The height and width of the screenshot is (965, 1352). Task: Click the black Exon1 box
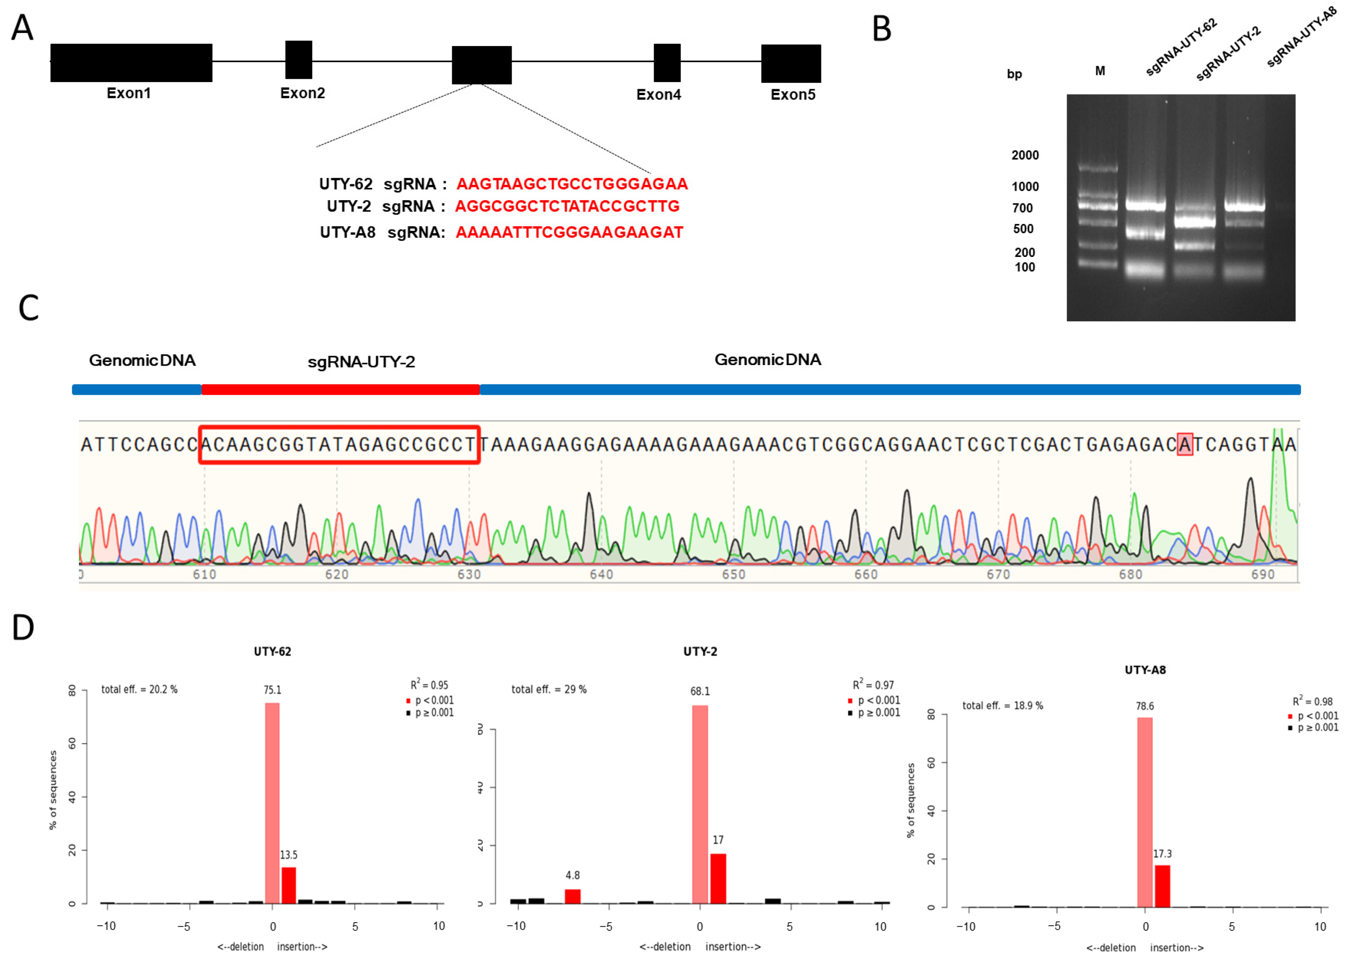tap(131, 62)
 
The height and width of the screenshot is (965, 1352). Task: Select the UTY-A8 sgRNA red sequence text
tap(569, 232)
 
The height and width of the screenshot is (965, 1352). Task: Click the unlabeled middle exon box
tap(481, 65)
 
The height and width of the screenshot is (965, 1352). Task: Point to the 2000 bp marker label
tap(1025, 155)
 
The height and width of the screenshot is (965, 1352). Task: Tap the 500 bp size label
tap(1023, 229)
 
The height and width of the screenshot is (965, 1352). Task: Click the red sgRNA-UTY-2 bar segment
tap(340, 389)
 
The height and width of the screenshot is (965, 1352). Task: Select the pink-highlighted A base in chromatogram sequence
tap(1184, 444)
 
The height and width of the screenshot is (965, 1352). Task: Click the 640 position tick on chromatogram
tap(601, 574)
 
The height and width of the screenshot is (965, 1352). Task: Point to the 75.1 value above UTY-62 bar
tap(272, 690)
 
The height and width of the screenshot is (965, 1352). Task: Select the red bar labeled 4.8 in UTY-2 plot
tap(572, 896)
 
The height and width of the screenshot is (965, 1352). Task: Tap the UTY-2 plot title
tap(700, 651)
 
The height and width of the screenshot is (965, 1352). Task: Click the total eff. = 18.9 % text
tap(1002, 705)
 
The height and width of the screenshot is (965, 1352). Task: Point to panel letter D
tap(23, 627)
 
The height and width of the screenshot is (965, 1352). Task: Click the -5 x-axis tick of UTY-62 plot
tap(183, 926)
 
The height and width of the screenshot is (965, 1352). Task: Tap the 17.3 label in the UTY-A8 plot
tap(1162, 854)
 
